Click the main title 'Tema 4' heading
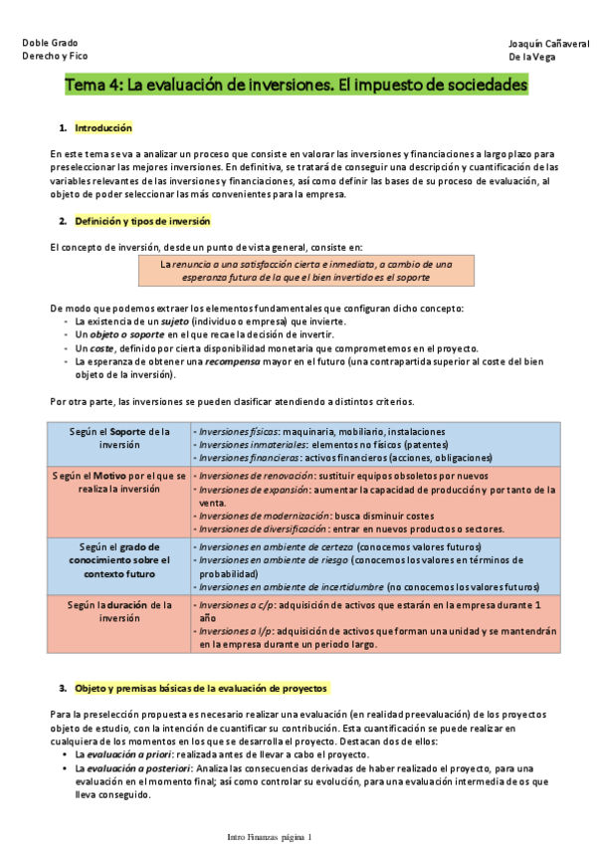tap(296, 87)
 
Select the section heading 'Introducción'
tap(103, 128)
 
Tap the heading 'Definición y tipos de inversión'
tap(142, 220)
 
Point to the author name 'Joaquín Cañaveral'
tap(546, 44)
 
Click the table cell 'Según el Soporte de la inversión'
tap(119, 438)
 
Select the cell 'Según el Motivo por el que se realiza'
tap(119, 482)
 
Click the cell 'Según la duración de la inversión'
tap(119, 610)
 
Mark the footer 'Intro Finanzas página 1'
tap(269, 836)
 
